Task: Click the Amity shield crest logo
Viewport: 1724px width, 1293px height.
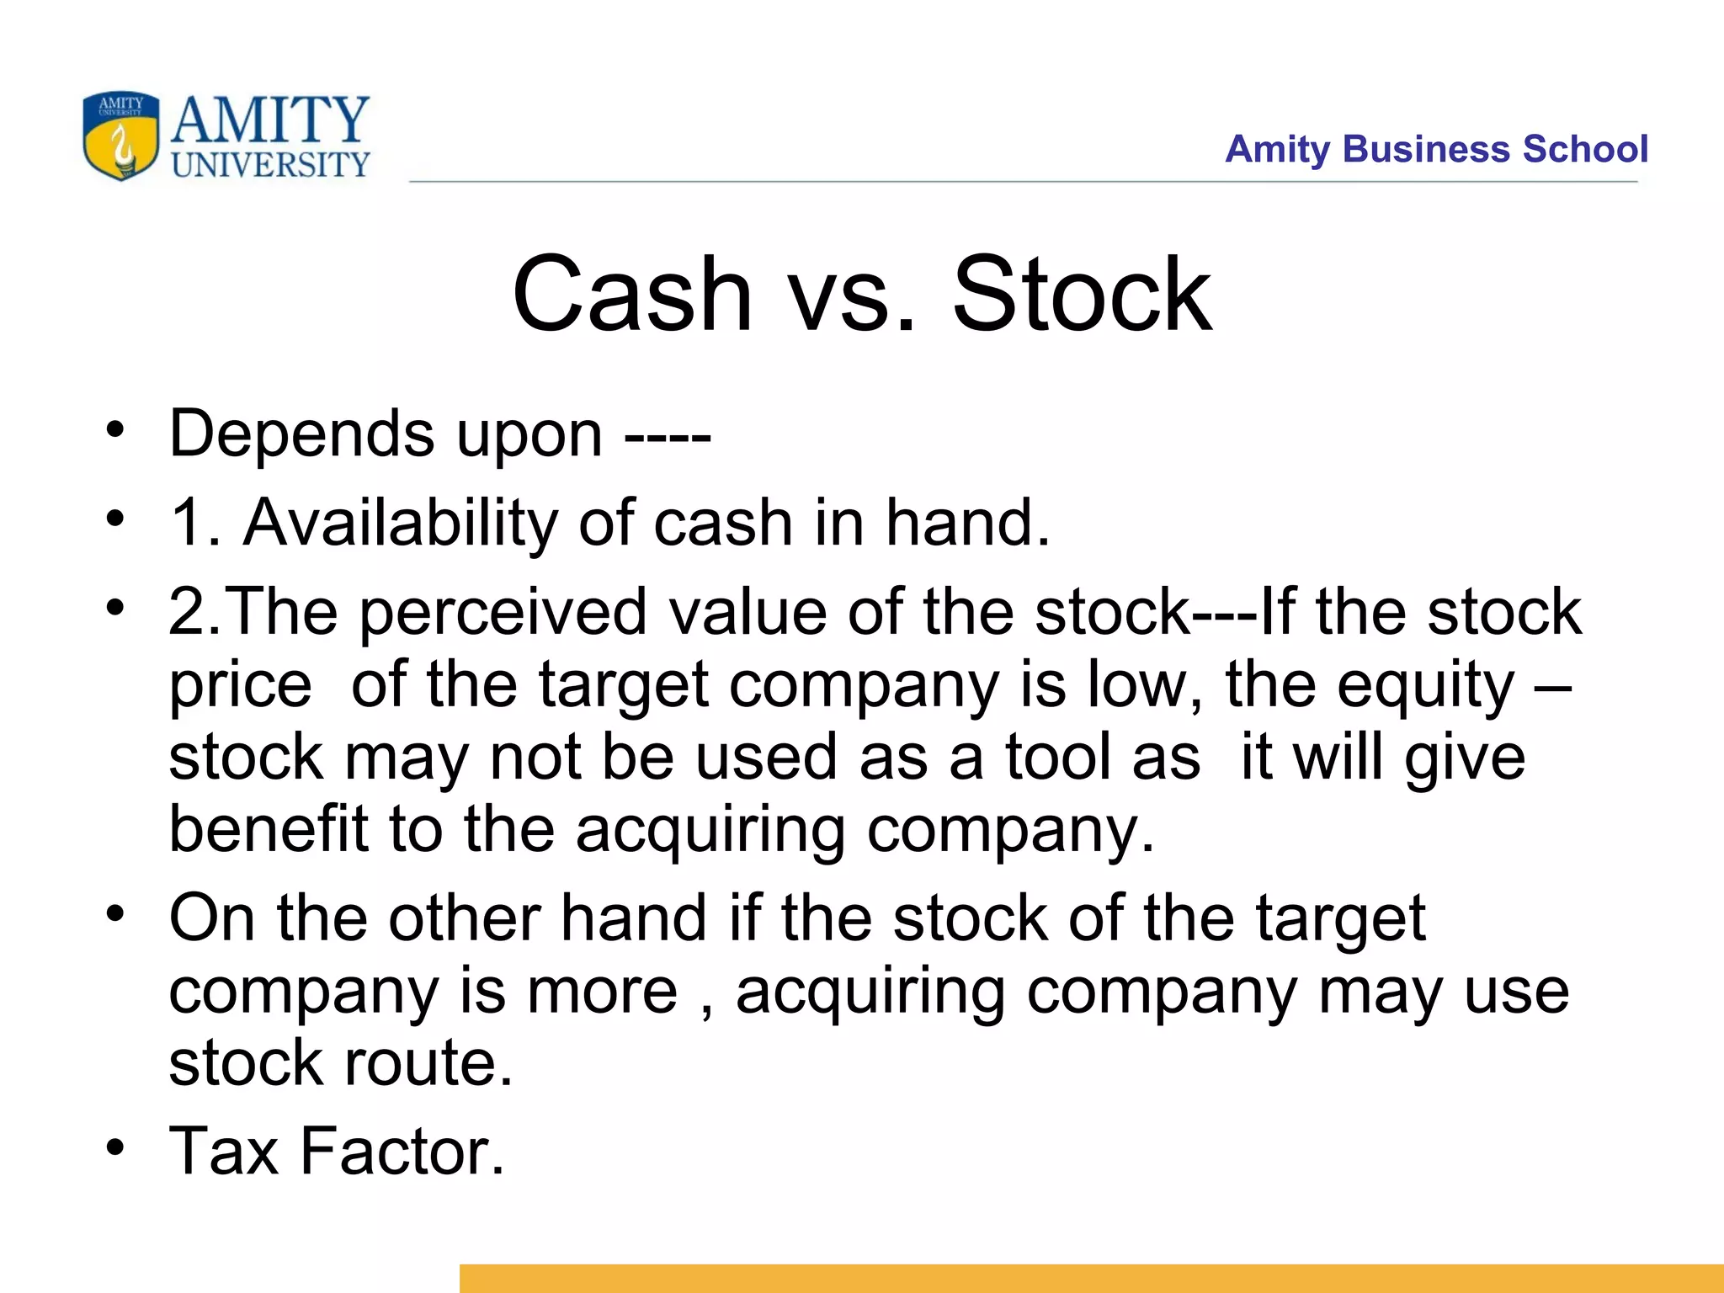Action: (120, 136)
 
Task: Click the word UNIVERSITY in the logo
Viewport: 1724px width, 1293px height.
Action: (270, 165)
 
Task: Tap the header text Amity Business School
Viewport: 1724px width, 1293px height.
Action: (1435, 149)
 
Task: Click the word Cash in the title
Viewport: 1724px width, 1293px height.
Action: (631, 294)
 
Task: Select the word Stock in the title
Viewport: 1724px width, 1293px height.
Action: (1082, 294)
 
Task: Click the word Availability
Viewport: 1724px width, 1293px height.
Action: (401, 523)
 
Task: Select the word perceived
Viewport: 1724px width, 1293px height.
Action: (503, 613)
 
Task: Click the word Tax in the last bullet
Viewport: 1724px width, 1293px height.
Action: (224, 1151)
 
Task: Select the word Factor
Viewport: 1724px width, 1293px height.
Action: (402, 1151)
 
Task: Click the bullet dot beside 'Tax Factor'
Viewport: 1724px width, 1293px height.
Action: (115, 1147)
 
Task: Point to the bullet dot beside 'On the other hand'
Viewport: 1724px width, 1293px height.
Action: (115, 913)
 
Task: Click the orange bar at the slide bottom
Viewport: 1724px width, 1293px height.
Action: (1090, 1278)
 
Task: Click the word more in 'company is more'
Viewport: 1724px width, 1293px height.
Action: (601, 991)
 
